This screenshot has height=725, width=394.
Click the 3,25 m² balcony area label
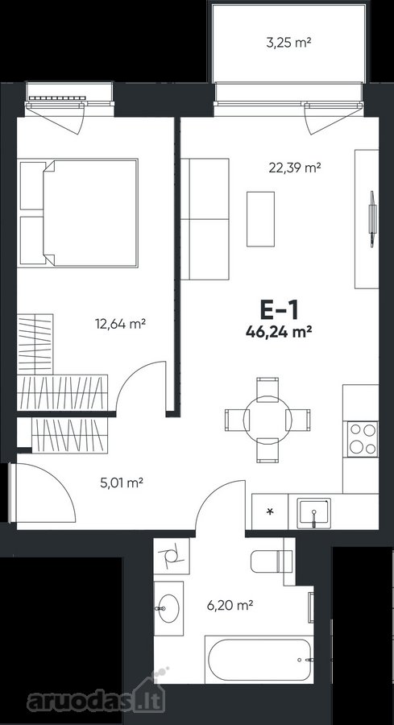pyautogui.click(x=288, y=43)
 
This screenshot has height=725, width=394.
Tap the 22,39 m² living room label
pyautogui.click(x=295, y=168)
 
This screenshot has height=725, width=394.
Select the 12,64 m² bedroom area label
pyautogui.click(x=121, y=324)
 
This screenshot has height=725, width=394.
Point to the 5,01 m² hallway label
pyautogui.click(x=121, y=483)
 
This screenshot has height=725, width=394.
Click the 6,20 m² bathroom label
pyautogui.click(x=231, y=604)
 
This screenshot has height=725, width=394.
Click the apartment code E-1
pyautogui.click(x=279, y=310)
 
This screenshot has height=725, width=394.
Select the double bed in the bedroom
pyautogui.click(x=79, y=213)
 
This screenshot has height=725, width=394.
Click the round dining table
pyautogui.click(x=268, y=420)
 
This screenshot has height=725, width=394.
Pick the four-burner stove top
pyautogui.click(x=363, y=438)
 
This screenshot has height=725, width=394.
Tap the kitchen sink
pyautogui.click(x=314, y=513)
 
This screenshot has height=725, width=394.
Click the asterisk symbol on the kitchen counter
pyautogui.click(x=271, y=512)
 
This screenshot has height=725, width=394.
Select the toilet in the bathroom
pyautogui.click(x=272, y=561)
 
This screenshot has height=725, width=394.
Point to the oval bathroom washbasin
pyautogui.click(x=168, y=608)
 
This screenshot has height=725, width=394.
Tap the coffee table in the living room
pyautogui.click(x=260, y=218)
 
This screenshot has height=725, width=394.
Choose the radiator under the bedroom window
pyautogui.click(x=57, y=98)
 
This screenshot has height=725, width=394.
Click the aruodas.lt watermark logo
pyautogui.click(x=96, y=699)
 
